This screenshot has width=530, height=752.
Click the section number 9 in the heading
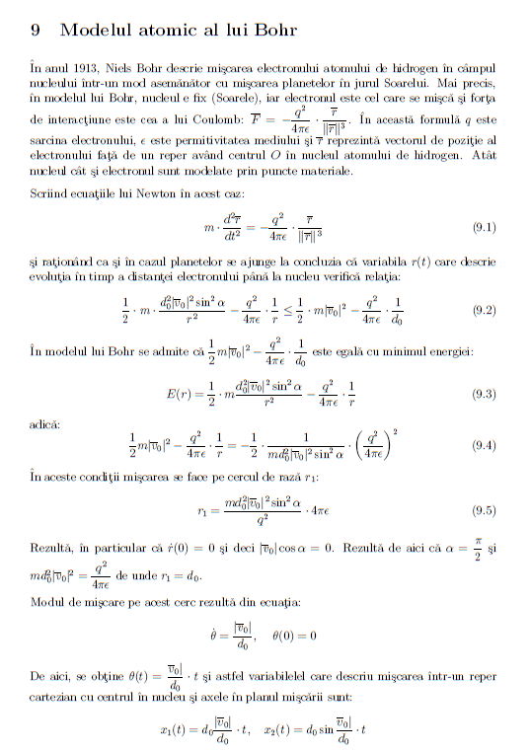tap(37, 30)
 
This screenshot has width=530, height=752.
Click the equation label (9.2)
tap(485, 309)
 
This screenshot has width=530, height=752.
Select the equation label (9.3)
tap(485, 394)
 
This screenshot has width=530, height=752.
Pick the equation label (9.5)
tap(485, 511)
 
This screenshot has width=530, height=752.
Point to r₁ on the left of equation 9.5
tap(205, 511)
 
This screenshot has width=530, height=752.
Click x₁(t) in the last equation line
tap(176, 730)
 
